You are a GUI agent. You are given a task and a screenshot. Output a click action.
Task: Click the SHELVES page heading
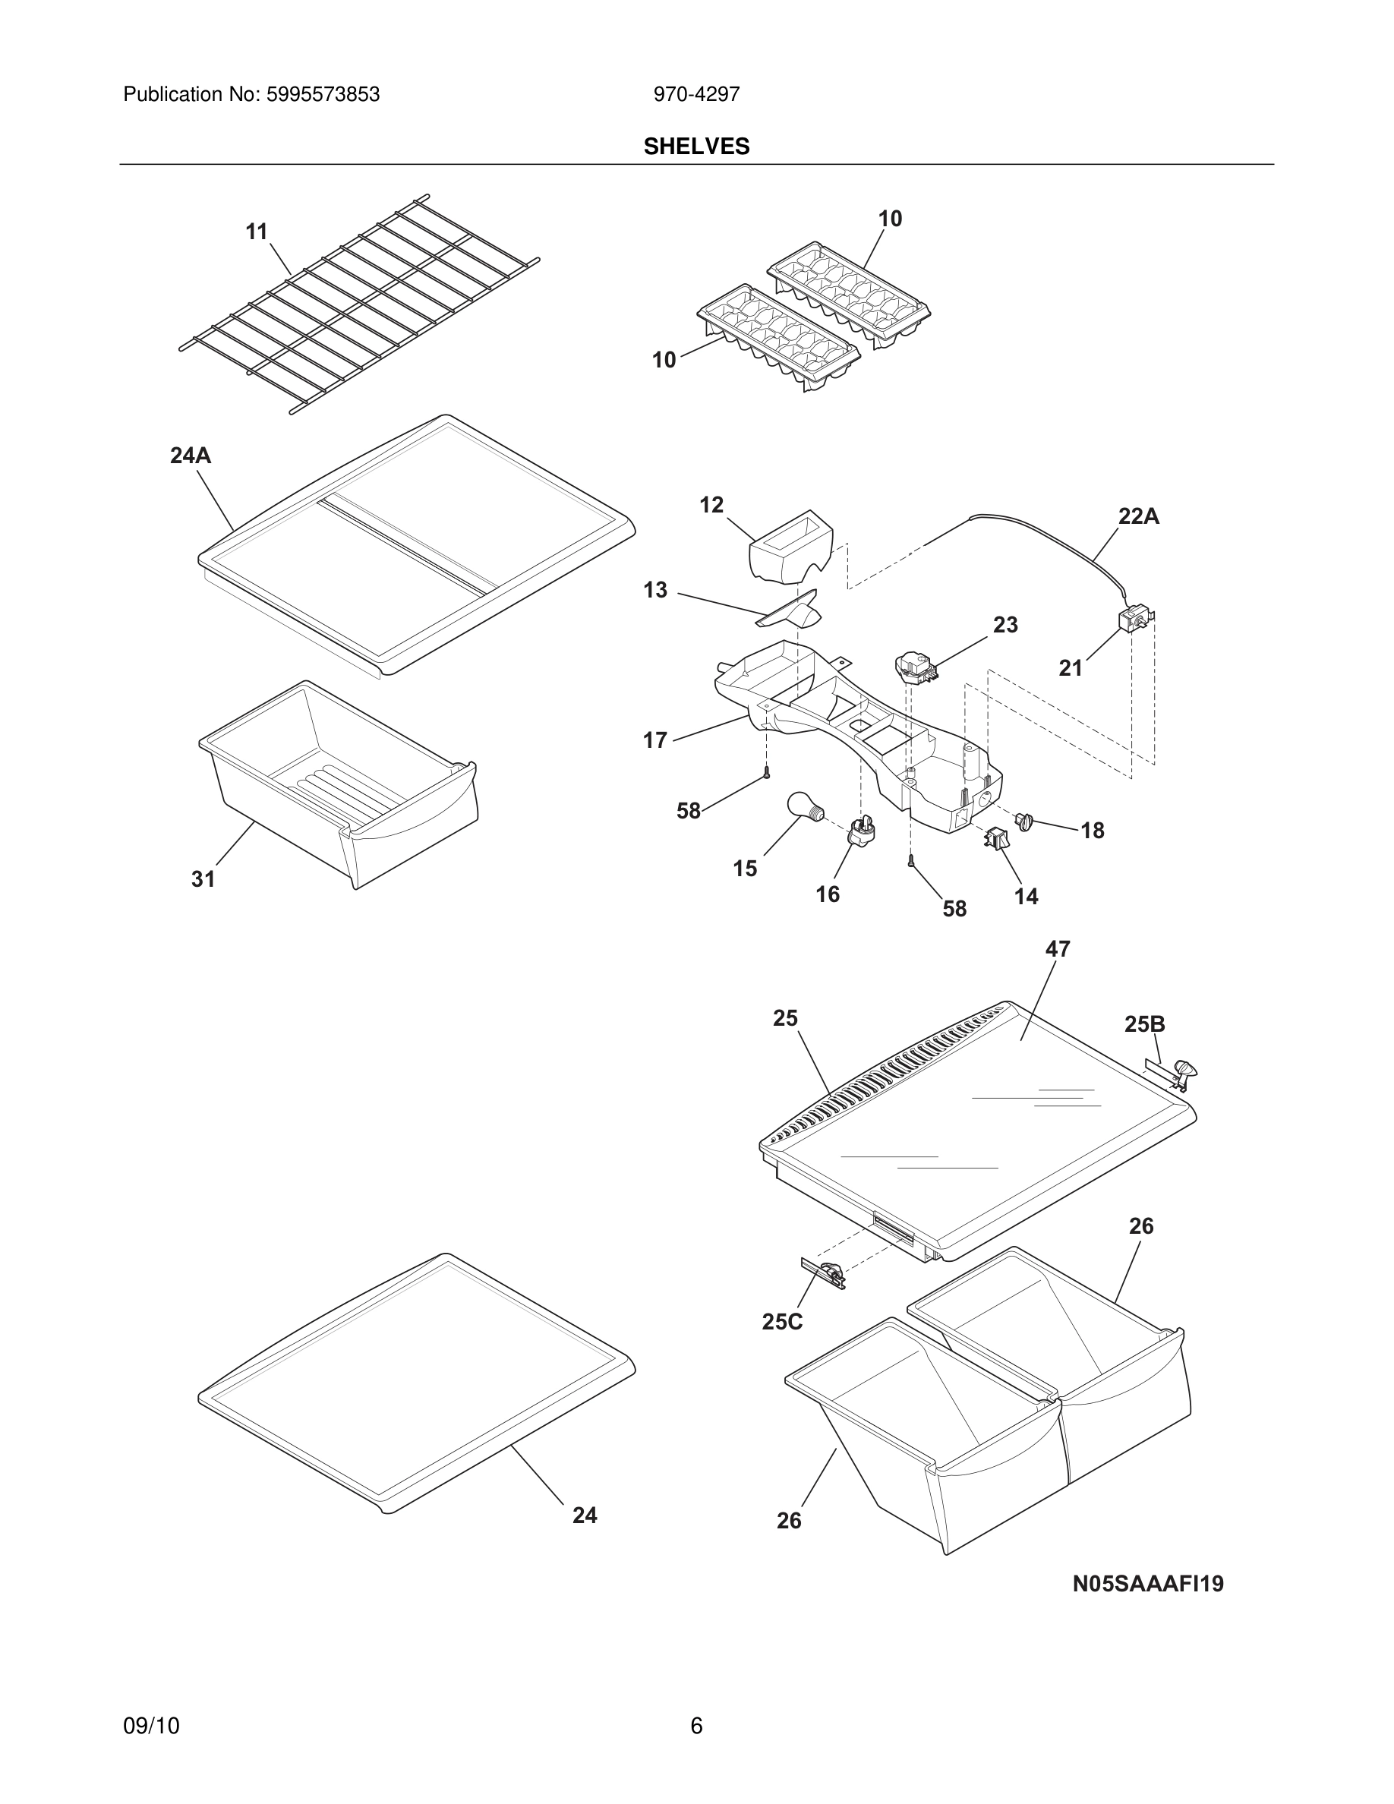(696, 147)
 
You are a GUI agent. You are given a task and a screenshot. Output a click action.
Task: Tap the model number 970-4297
(696, 95)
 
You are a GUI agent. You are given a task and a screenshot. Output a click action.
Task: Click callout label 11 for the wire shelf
(257, 232)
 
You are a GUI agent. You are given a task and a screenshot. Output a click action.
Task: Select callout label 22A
(1138, 517)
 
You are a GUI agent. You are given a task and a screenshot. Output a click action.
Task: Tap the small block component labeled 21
(1132, 620)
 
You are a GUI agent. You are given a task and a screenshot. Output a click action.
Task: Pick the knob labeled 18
(1025, 820)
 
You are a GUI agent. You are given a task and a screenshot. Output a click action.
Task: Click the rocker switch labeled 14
(992, 838)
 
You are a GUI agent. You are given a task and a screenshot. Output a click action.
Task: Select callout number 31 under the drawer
(203, 880)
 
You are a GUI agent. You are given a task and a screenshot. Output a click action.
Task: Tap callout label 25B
(1145, 1024)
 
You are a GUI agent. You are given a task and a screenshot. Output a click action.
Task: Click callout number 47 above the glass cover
(1057, 950)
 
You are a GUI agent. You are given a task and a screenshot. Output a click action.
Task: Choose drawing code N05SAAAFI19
(1148, 1585)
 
